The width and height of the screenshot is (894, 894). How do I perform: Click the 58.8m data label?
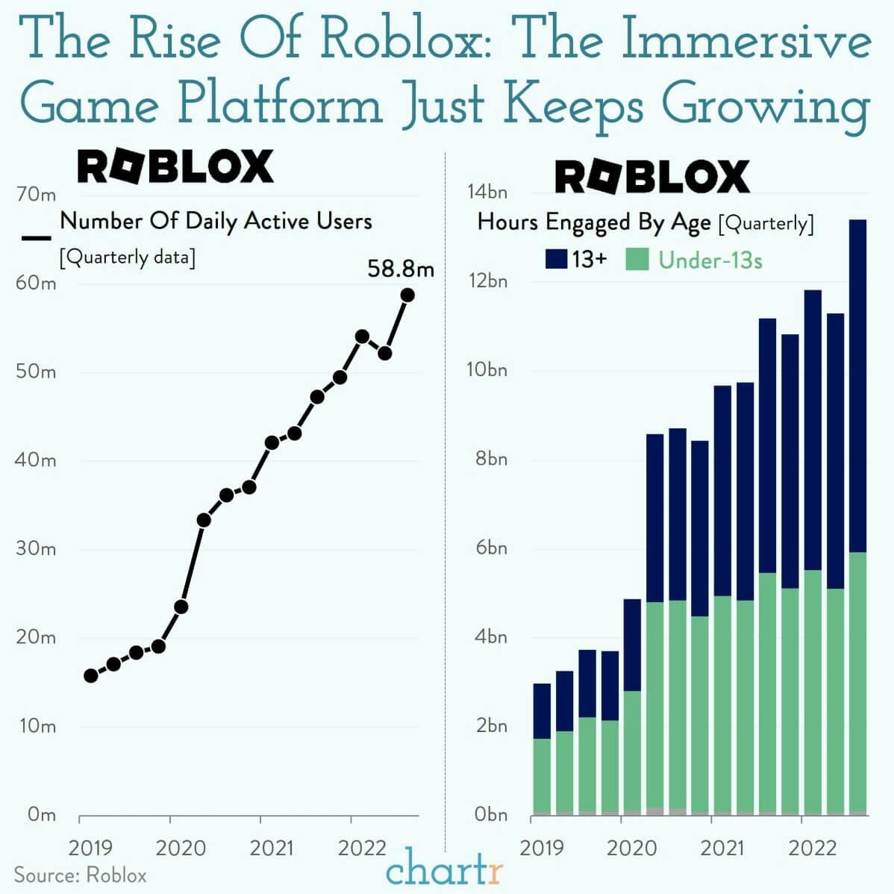pyautogui.click(x=400, y=269)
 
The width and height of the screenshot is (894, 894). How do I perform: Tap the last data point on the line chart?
pyautogui.click(x=407, y=295)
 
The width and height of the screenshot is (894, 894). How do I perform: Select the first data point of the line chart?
pyautogui.click(x=91, y=675)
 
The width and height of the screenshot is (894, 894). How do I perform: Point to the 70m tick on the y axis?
pyautogui.click(x=36, y=195)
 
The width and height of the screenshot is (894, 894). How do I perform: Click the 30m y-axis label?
pyautogui.click(x=36, y=549)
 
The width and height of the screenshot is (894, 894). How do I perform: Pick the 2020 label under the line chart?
pyautogui.click(x=181, y=848)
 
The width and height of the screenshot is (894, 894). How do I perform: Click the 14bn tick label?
pyautogui.click(x=487, y=193)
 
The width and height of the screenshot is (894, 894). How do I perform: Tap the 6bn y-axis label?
pyautogui.click(x=490, y=548)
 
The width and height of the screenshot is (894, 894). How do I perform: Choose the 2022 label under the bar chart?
pyautogui.click(x=813, y=848)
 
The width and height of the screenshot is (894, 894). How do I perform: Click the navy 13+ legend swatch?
pyautogui.click(x=557, y=259)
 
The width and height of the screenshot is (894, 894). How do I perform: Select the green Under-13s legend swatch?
pyautogui.click(x=637, y=259)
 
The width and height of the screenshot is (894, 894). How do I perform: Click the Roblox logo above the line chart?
pyautogui.click(x=175, y=166)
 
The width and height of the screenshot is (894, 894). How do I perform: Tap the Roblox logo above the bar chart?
pyautogui.click(x=651, y=178)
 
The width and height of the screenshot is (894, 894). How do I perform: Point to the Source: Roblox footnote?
pyautogui.click(x=81, y=875)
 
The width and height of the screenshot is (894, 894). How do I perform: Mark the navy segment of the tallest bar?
pyautogui.click(x=858, y=386)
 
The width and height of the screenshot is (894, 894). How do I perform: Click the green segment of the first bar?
pyautogui.click(x=543, y=775)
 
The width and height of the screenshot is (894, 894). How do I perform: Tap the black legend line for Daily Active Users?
pyautogui.click(x=36, y=238)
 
